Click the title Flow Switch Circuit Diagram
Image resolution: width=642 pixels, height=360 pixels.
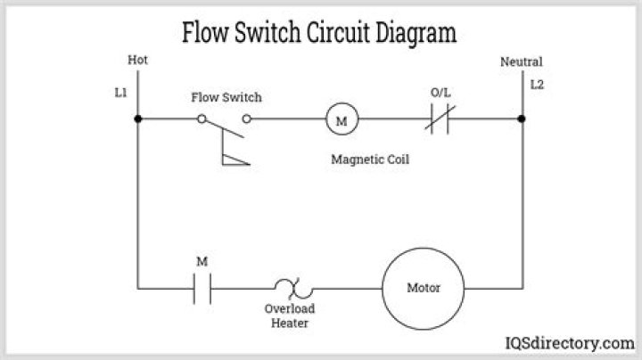click(x=319, y=33)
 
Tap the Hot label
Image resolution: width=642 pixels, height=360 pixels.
click(x=138, y=61)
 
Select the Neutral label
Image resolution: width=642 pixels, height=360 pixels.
click(x=521, y=61)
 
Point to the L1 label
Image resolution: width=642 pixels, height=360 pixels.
click(x=121, y=92)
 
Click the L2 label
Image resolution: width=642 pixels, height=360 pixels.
click(x=537, y=86)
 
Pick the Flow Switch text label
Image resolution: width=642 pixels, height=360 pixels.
click(x=226, y=97)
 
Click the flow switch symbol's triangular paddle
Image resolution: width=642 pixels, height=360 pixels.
click(x=234, y=158)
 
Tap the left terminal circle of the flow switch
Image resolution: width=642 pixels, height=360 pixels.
click(x=202, y=119)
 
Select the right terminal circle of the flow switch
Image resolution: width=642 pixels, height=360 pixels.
click(x=247, y=119)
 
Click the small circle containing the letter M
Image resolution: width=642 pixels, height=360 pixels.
click(x=339, y=119)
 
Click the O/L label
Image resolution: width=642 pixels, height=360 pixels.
click(x=440, y=92)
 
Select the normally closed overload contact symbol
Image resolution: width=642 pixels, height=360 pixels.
click(x=440, y=119)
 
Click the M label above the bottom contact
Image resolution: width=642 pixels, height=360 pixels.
click(x=202, y=261)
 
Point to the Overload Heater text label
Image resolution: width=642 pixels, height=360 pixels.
click(x=290, y=316)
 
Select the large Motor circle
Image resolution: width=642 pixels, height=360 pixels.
click(x=423, y=289)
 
